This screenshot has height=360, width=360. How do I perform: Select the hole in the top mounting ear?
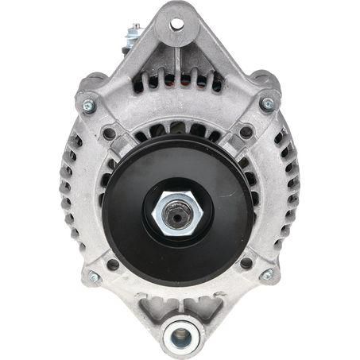pos(176,24)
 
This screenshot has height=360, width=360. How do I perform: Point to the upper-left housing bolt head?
pos(87,104)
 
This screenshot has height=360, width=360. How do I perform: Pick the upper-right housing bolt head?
pos(268,103)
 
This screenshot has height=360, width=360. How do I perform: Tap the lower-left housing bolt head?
pos(94,277)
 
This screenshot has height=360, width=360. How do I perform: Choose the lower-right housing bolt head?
pos(267,274)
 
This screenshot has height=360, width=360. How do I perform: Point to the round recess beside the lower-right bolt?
pos(246,262)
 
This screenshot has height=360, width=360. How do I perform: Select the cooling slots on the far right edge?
pos(289,191)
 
